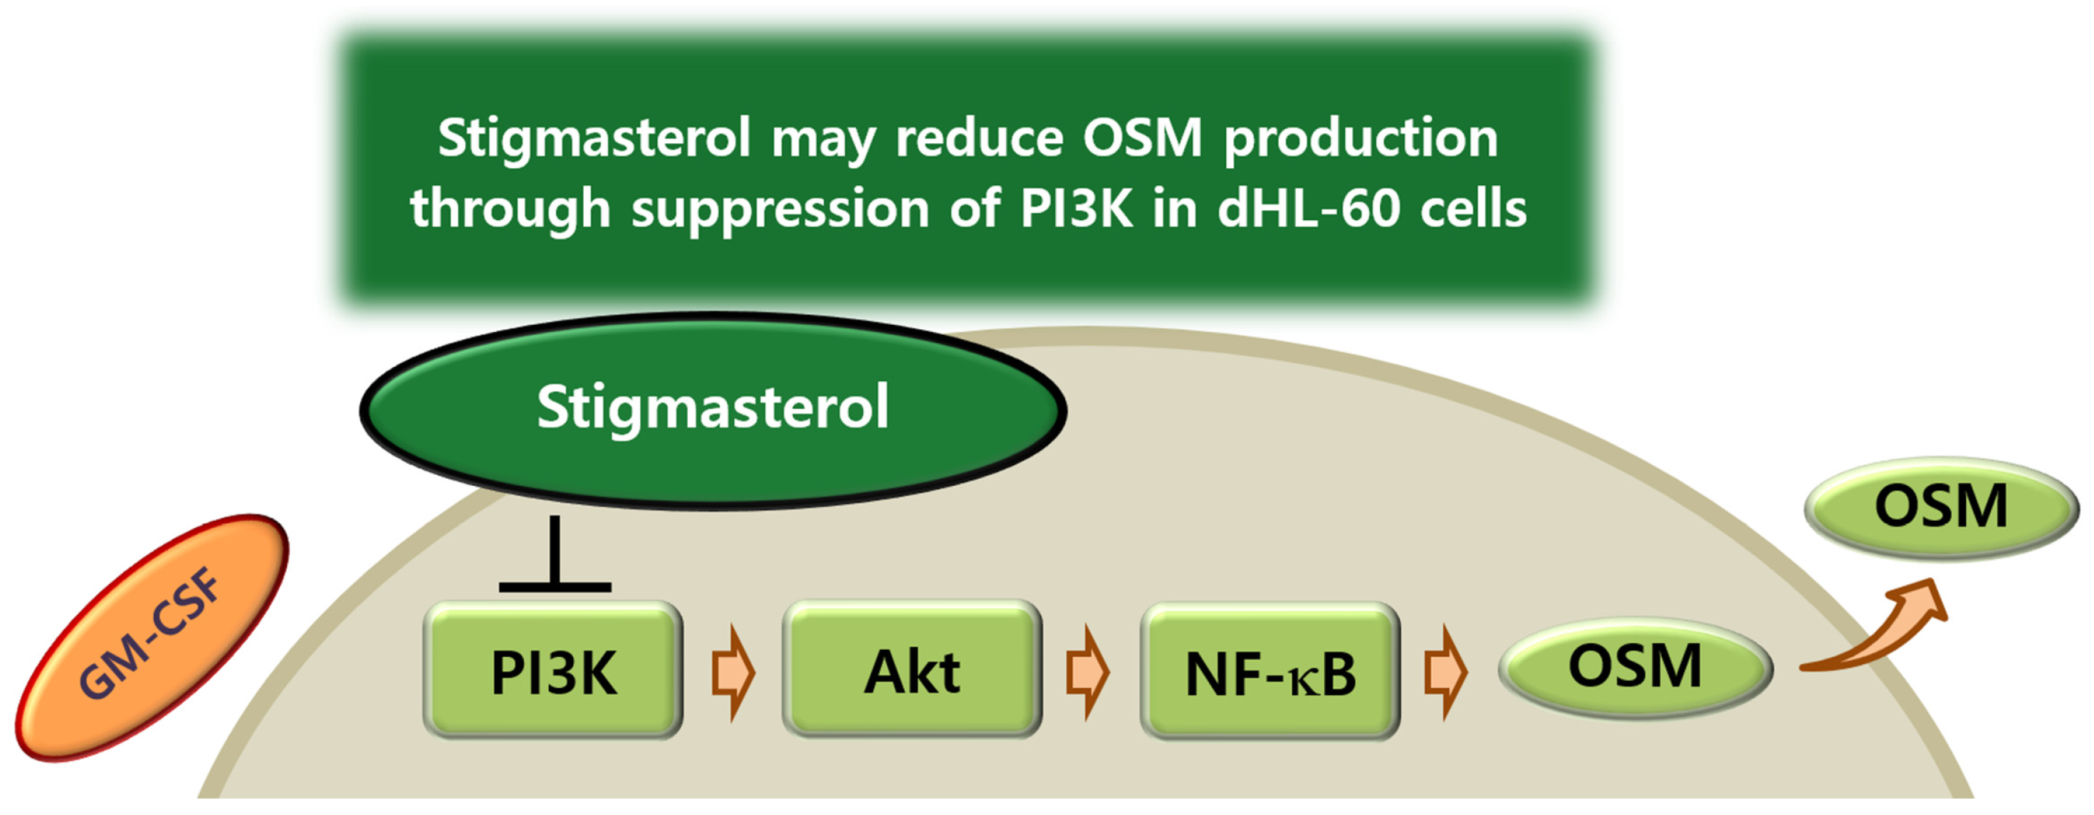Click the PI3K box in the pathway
pyautogui.click(x=553, y=671)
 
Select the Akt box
pyautogui.click(x=912, y=671)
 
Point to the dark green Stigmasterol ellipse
pyautogui.click(x=713, y=411)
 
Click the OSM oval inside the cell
pyautogui.click(x=1635, y=667)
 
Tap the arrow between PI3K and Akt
pyautogui.click(x=733, y=673)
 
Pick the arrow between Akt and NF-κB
pyautogui.click(x=1088, y=673)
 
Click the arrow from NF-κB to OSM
pyautogui.click(x=1445, y=673)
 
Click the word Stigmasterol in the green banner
pyautogui.click(x=593, y=138)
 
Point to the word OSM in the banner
pyautogui.click(x=1142, y=138)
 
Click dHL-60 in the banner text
pyautogui.click(x=1309, y=209)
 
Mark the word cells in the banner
pyautogui.click(x=1473, y=209)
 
